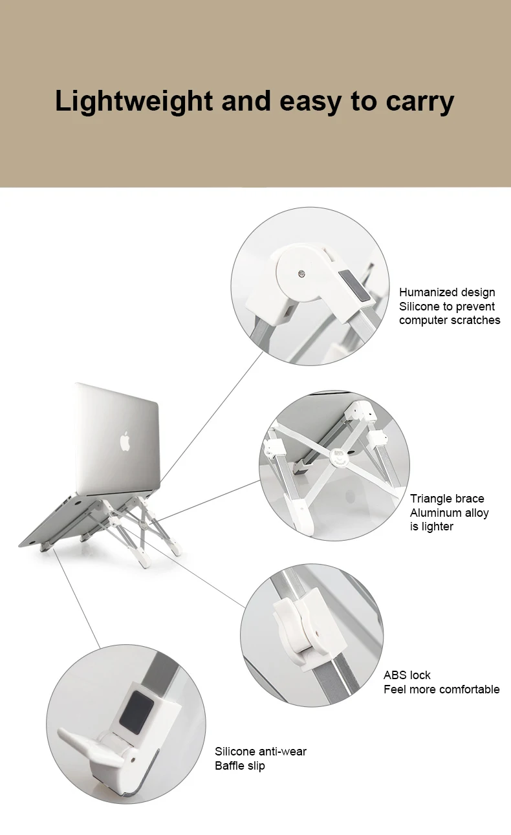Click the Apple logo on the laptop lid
tap(124, 442)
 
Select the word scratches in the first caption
tap(476, 320)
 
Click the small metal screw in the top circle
tap(302, 274)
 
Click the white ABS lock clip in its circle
tap(301, 625)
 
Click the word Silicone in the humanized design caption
tap(419, 307)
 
